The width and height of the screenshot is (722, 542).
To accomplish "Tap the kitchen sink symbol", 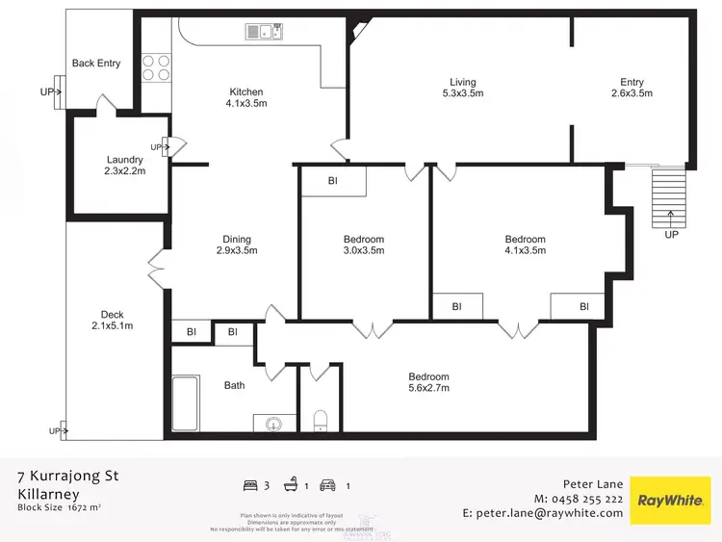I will point(264,32).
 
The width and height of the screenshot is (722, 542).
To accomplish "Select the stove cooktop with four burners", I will point(157,66).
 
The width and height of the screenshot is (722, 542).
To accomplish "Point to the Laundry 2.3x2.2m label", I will point(125,166).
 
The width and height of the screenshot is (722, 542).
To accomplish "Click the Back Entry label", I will point(96,64).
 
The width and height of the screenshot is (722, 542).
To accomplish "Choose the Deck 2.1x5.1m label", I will point(112,321).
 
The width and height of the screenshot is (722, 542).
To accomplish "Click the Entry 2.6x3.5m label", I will point(632,88).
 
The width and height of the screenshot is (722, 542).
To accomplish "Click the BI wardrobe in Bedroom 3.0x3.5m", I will point(333,181).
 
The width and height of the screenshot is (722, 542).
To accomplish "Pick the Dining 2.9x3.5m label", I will point(237,245).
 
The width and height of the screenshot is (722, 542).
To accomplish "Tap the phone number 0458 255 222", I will point(589,499).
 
